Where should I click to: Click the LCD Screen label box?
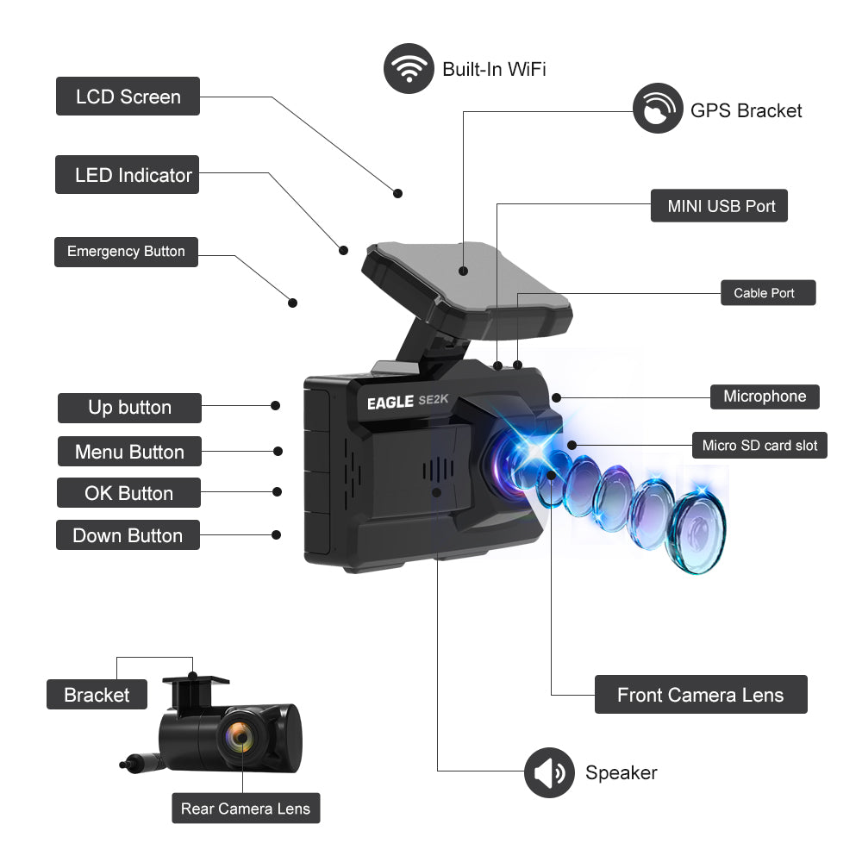[x=128, y=97]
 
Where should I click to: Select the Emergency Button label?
[x=126, y=252]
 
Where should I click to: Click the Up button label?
[x=129, y=408]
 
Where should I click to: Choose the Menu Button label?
[x=129, y=452]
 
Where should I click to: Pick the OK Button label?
[x=128, y=493]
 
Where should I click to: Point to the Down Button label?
[x=128, y=535]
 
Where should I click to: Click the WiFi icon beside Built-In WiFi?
[x=409, y=68]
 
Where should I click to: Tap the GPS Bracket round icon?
[x=658, y=109]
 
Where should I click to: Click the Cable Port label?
[x=767, y=293]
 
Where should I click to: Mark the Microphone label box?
[x=765, y=397]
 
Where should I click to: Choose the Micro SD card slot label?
[x=759, y=446]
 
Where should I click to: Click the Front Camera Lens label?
[x=701, y=695]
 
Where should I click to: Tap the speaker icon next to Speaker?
[x=549, y=772]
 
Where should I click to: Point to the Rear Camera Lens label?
[x=246, y=809]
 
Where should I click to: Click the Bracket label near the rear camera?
[x=97, y=695]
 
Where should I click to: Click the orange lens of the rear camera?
[x=240, y=737]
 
